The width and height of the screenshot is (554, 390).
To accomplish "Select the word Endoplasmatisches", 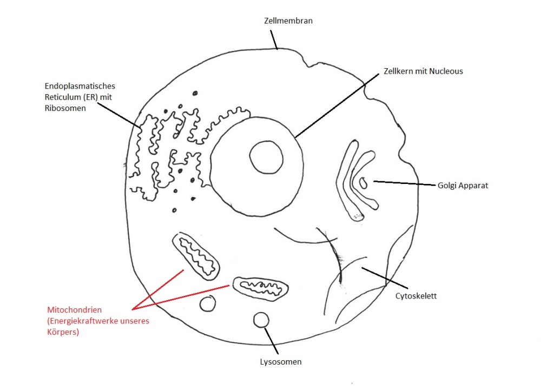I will [x=80, y=86].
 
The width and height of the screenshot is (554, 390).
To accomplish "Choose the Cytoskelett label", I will [x=415, y=296].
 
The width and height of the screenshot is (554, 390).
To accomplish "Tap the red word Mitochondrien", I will [x=75, y=310].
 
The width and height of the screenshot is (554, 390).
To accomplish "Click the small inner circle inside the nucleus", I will [x=266, y=157].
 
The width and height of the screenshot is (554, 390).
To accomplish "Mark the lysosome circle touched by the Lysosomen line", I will [x=261, y=320].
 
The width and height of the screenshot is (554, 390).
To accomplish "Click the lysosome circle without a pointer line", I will [x=207, y=304].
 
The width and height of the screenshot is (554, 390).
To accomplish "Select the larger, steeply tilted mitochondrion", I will [x=196, y=256].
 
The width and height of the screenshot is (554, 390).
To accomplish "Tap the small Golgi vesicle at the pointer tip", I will [x=363, y=183].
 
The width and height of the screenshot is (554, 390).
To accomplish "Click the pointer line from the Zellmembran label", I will [x=274, y=39].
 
